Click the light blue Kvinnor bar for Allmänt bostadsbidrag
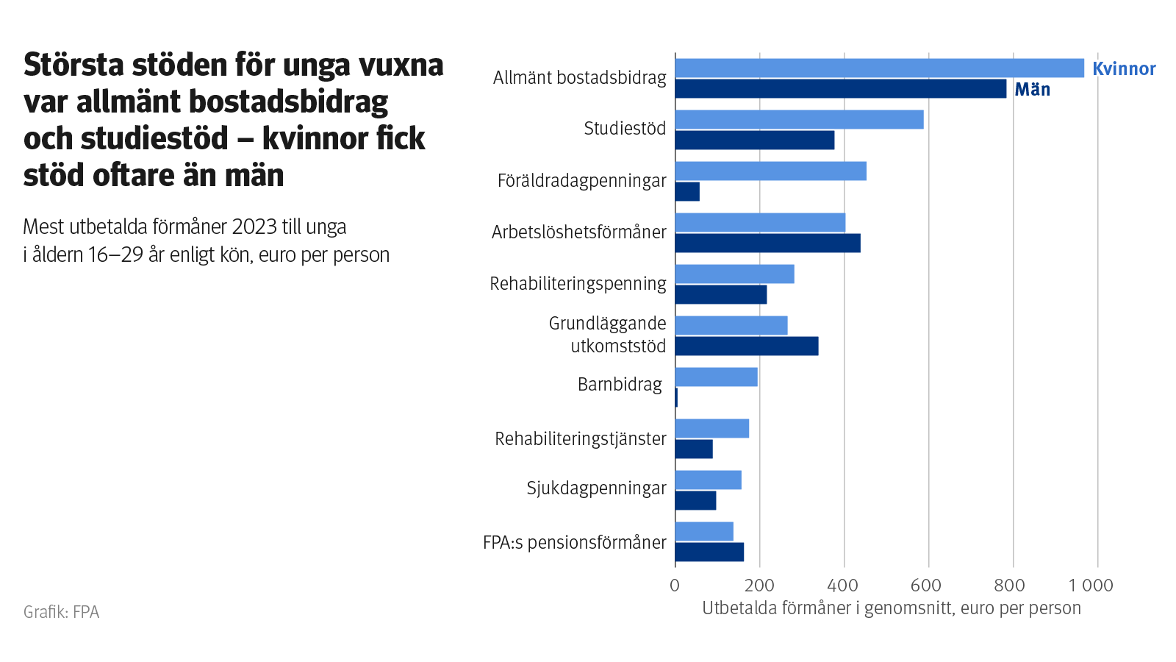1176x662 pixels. (x=879, y=68)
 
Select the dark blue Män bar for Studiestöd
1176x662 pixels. (x=755, y=140)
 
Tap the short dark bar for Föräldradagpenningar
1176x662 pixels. (x=687, y=192)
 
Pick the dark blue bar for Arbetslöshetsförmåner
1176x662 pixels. (x=767, y=243)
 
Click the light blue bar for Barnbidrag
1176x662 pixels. (x=716, y=377)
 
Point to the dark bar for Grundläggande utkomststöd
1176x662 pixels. (x=747, y=346)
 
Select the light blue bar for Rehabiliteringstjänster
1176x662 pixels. (x=711, y=429)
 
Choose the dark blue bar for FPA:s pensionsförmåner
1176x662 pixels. (x=709, y=552)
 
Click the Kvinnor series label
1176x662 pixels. (x=1124, y=69)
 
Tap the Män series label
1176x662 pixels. (x=1032, y=90)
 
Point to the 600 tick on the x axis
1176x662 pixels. (x=926, y=586)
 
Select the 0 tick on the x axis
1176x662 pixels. (x=675, y=586)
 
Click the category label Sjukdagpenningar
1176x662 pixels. (x=596, y=488)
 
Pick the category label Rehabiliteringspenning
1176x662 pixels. (x=578, y=284)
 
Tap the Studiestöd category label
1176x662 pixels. (x=625, y=129)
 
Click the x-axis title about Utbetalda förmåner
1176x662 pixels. (x=892, y=608)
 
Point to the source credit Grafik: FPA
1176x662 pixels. (x=61, y=612)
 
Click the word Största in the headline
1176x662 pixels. (x=73, y=65)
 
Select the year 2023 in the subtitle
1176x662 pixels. (x=254, y=227)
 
